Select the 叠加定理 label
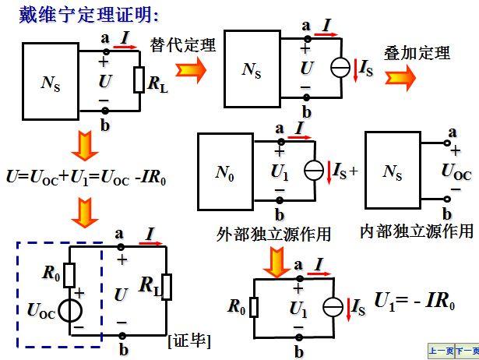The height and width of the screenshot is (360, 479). (x=417, y=54)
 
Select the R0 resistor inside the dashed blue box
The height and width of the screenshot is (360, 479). (x=70, y=274)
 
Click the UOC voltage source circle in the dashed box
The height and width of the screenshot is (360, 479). (x=70, y=310)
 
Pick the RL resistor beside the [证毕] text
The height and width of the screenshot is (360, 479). (x=167, y=286)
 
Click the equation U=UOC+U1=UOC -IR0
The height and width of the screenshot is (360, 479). (x=86, y=178)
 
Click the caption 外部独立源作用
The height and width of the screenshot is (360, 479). (x=273, y=233)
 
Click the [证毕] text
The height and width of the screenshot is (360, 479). (x=189, y=341)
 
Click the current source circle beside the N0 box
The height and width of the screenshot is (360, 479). (x=314, y=170)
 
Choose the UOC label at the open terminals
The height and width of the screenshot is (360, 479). (x=456, y=171)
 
